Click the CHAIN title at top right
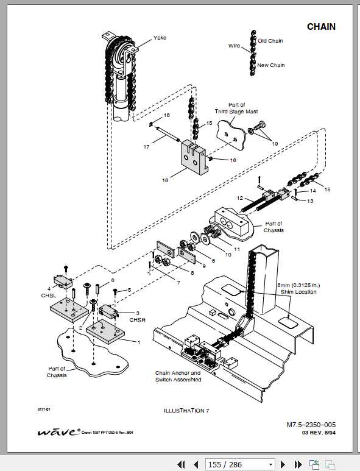click(x=320, y=27)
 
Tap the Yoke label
click(x=160, y=38)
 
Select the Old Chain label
click(x=270, y=41)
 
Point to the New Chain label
click(x=270, y=65)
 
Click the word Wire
click(x=235, y=46)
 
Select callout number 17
click(x=146, y=147)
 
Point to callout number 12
click(x=240, y=198)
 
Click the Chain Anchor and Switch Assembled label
click(x=178, y=376)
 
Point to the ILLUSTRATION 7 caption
click(x=186, y=411)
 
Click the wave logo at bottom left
click(x=58, y=431)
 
